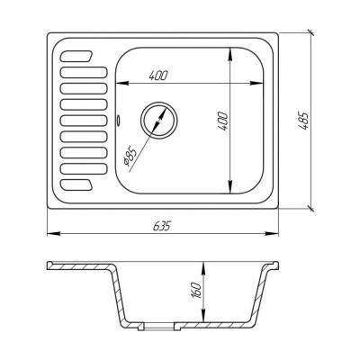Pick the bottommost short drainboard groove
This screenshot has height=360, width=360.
point(76,185)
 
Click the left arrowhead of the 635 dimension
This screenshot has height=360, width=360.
point(50,235)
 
